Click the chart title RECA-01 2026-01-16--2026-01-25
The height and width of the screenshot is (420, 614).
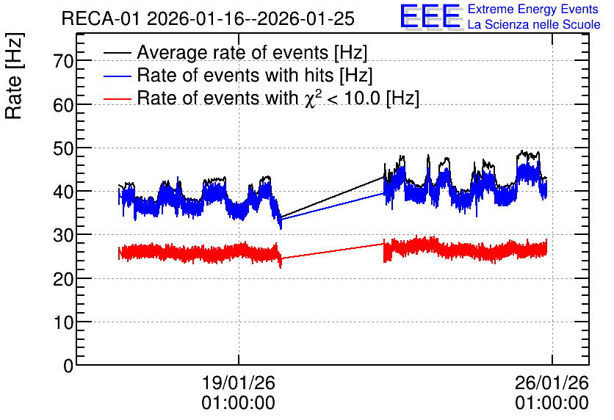[208, 18]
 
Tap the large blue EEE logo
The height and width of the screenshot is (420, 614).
[430, 17]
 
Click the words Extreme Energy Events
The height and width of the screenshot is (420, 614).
[533, 9]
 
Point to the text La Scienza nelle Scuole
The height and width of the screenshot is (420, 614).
[534, 24]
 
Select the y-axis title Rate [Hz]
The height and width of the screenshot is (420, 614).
[14, 76]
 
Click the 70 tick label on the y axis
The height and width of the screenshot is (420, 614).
[63, 61]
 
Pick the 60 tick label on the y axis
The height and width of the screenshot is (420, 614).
[63, 105]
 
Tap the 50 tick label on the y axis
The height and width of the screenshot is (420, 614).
[63, 148]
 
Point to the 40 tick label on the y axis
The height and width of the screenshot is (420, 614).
[63, 192]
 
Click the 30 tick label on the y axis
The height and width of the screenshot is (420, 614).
[63, 235]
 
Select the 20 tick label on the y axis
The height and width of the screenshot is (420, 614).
[63, 279]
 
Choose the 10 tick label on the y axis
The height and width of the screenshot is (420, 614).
[63, 322]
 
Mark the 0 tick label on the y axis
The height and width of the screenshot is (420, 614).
[68, 366]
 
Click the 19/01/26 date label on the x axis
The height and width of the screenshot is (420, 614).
[239, 383]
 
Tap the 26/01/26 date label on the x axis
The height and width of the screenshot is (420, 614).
[552, 383]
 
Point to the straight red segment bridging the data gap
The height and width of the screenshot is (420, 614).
[333, 251]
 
